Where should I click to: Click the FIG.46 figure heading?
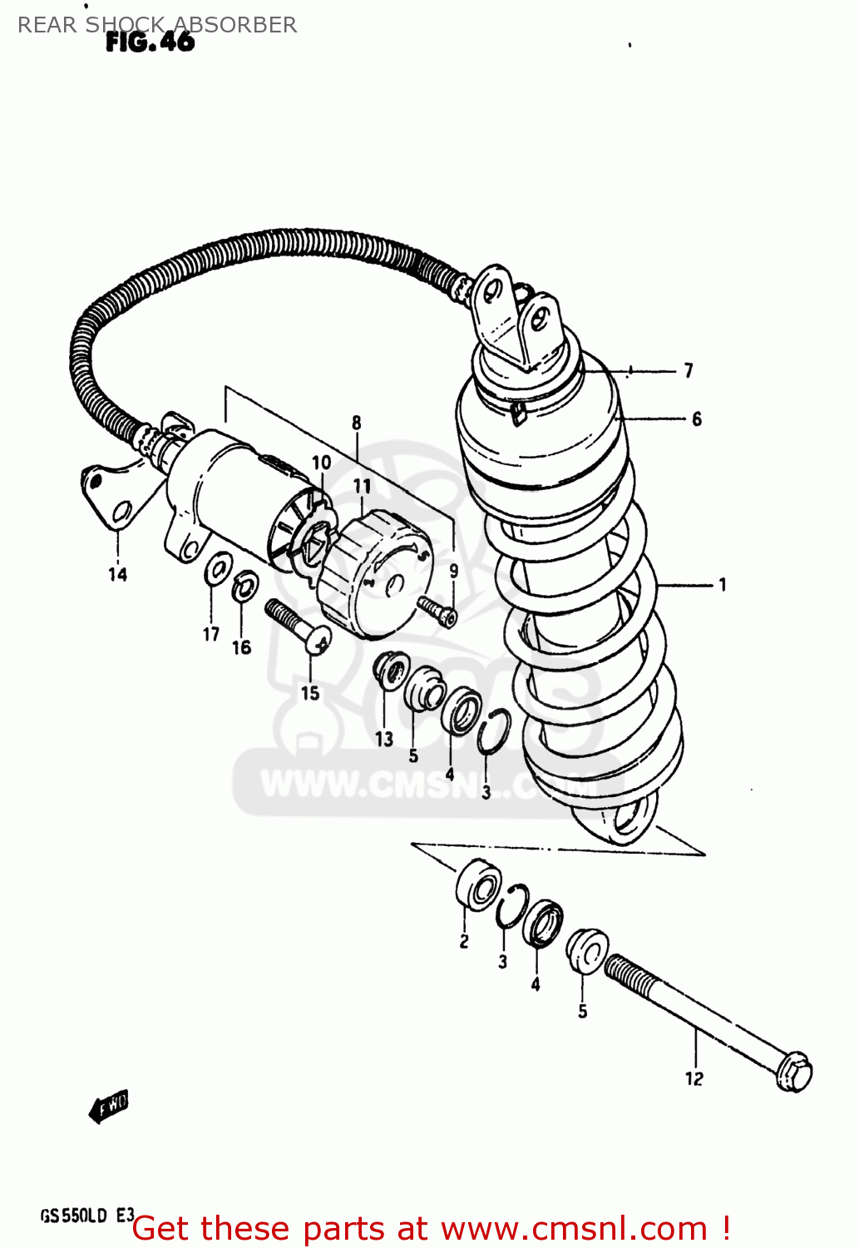coord(150,42)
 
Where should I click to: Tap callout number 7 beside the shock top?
coord(689,370)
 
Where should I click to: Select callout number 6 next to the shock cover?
coord(697,418)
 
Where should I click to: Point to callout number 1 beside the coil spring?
coord(722,585)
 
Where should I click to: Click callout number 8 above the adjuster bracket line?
coord(357,423)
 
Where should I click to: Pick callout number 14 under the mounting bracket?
coord(117,574)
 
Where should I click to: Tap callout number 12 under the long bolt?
coord(694,1078)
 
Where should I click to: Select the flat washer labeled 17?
coord(218,570)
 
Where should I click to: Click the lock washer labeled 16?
coord(244,587)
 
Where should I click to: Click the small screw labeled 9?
coord(437,610)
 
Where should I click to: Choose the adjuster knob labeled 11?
coord(374,574)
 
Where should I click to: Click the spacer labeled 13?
coord(390,671)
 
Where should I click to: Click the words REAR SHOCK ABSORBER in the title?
coord(157,25)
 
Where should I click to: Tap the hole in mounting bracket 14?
coord(121,511)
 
